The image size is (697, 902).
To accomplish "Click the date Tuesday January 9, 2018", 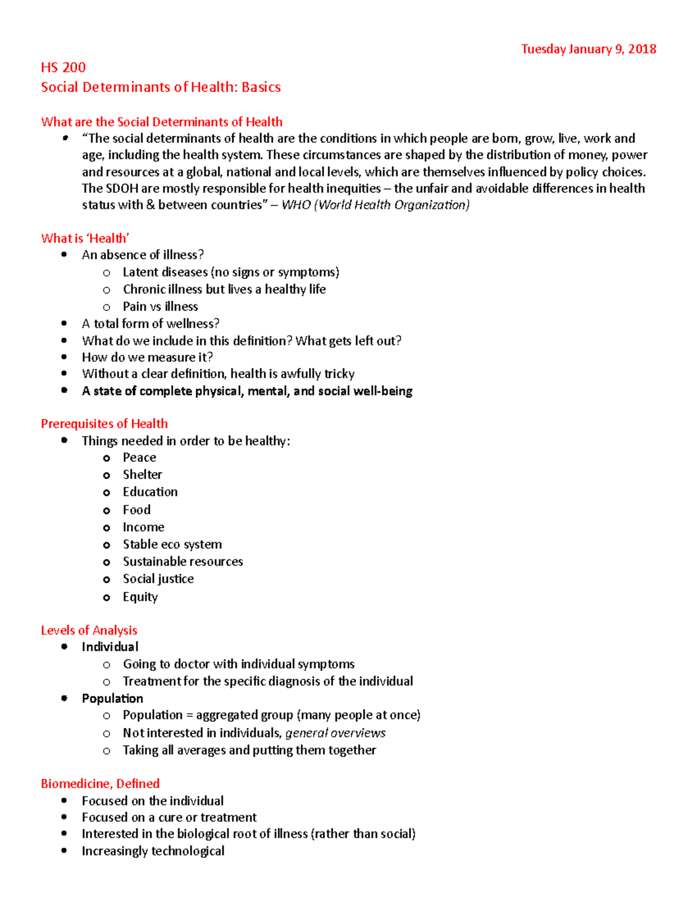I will [588, 49].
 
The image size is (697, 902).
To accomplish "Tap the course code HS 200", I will [63, 67].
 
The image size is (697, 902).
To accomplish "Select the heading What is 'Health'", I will [85, 238].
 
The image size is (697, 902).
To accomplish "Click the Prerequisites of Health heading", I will [104, 423].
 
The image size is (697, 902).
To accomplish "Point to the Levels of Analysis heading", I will [89, 630].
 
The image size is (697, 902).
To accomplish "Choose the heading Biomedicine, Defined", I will [100, 784].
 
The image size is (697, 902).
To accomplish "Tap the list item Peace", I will [139, 458].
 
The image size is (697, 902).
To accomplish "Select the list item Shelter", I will [142, 475].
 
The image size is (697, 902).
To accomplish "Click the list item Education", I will [150, 492].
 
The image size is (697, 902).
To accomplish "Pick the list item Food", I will [136, 510].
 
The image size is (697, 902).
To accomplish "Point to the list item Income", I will [143, 527].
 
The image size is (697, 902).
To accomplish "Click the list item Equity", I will [140, 597].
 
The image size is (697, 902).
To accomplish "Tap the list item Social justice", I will [158, 579].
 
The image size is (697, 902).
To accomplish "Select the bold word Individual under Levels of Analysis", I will [110, 647].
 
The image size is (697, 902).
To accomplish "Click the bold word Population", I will [112, 698].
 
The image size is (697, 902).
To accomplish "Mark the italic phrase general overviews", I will [335, 733].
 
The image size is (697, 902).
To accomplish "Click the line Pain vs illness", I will [160, 307].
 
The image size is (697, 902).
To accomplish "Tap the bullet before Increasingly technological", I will [64, 851].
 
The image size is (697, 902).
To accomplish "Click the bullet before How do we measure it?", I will [64, 357].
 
